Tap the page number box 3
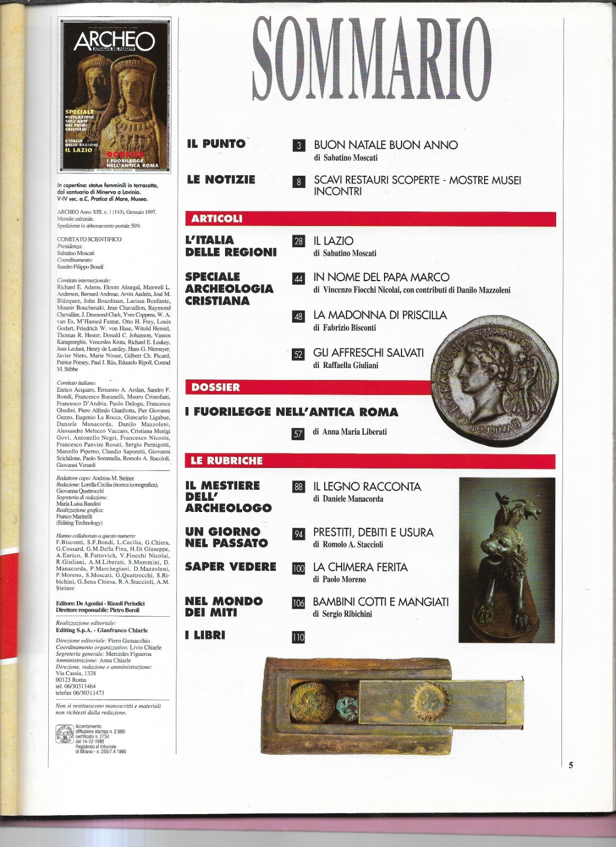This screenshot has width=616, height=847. pos(299,146)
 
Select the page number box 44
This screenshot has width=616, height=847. pos(299,278)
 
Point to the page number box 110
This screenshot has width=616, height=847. pos(299,637)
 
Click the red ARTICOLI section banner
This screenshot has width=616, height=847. pos(370,219)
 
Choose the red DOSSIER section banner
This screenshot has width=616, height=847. pos(307,388)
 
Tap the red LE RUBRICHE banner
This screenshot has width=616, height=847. pos(370,461)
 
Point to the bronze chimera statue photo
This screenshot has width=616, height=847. pos(506,557)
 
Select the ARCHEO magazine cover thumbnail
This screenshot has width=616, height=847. pos(115,97)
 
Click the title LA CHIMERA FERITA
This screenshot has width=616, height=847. pos(360,567)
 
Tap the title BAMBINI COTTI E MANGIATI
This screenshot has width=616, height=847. pos(381,602)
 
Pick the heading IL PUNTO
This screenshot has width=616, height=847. pos(216,143)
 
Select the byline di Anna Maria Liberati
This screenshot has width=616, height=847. pos(350,432)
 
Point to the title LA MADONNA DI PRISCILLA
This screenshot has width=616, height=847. pos(380,316)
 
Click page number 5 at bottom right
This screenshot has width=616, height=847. pos(571,764)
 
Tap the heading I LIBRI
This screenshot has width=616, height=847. pos(205,635)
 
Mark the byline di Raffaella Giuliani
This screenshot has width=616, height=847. pos(345,365)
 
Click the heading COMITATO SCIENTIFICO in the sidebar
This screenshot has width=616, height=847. pos(89,239)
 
